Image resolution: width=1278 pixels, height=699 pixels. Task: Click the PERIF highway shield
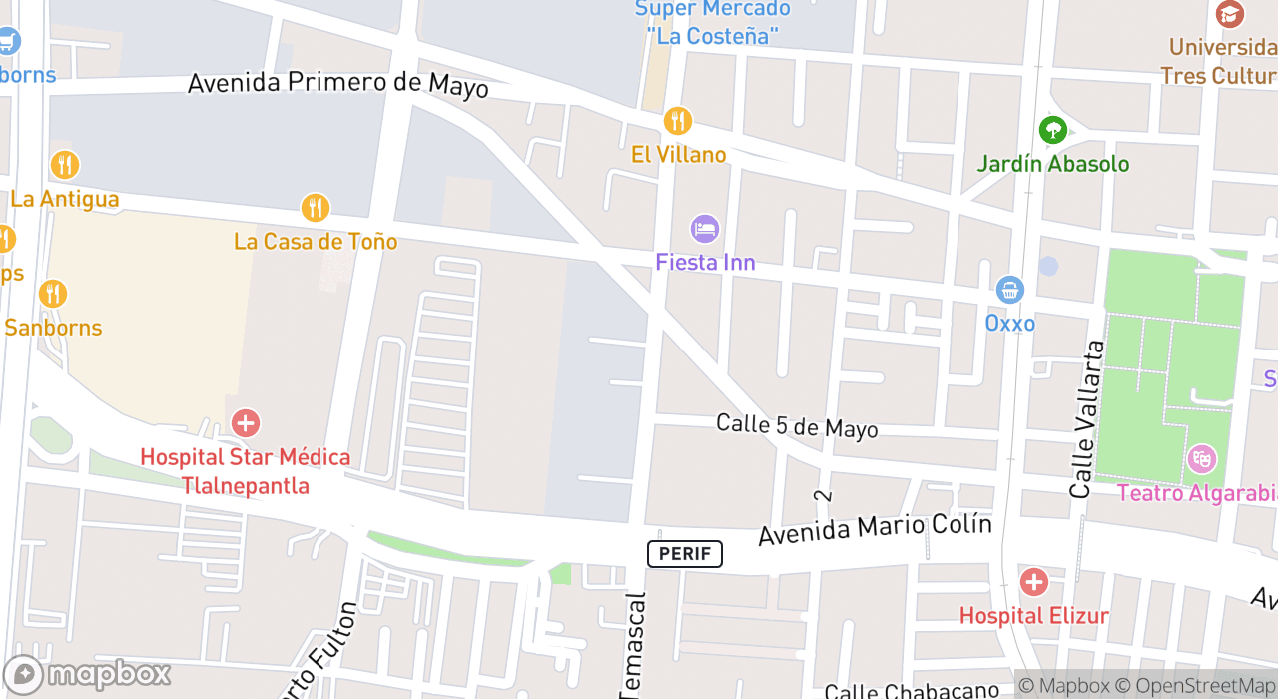click(684, 553)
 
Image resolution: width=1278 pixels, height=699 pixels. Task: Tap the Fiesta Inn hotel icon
click(705, 229)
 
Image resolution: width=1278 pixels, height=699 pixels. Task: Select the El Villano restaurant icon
click(678, 121)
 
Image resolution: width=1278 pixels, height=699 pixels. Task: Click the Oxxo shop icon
click(1010, 291)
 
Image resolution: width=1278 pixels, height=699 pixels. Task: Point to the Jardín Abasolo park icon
click(1052, 130)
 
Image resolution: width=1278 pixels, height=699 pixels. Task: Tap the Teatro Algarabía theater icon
click(1201, 459)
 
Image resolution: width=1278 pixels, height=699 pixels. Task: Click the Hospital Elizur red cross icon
click(1033, 582)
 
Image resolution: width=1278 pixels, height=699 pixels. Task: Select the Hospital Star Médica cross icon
click(245, 423)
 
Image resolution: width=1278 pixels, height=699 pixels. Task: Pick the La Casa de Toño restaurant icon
click(316, 208)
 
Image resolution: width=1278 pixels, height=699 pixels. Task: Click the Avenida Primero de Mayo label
click(338, 83)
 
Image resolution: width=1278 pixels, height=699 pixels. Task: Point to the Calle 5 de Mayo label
click(797, 426)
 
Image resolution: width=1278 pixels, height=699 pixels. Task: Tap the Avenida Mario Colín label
click(875, 529)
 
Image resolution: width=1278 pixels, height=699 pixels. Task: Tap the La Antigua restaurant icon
click(65, 165)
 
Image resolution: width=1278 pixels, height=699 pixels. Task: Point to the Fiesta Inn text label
click(705, 262)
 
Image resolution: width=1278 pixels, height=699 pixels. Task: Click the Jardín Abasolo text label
click(1052, 164)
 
